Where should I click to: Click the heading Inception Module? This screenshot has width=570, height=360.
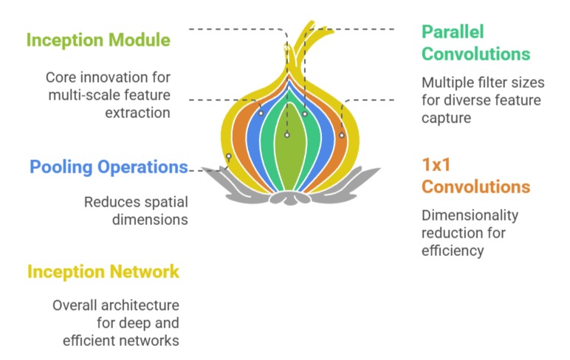[98, 40]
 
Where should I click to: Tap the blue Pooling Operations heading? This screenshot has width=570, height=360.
[109, 167]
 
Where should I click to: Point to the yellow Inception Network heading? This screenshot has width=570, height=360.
[103, 271]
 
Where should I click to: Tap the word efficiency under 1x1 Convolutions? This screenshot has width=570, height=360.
[453, 251]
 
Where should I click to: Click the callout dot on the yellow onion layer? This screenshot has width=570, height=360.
[229, 156]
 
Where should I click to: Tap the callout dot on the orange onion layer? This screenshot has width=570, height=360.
[341, 135]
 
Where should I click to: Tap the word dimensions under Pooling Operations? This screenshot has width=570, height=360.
[156, 219]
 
